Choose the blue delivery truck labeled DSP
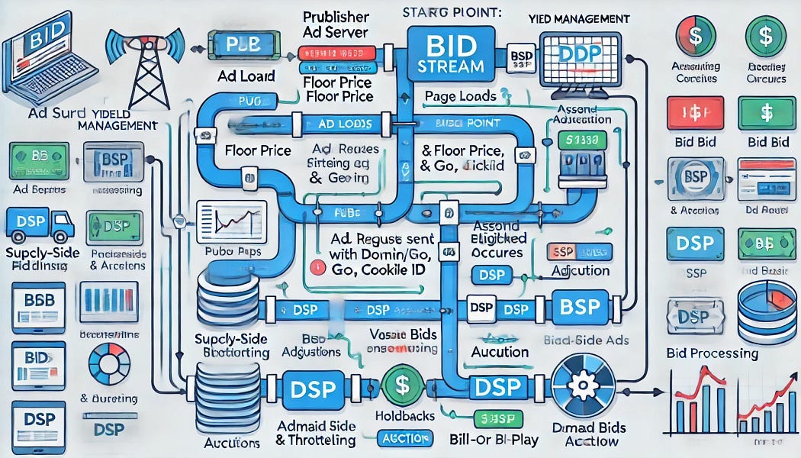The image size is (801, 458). (38, 222)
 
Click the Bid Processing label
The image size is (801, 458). (712, 353)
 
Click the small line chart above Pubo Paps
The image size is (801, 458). (231, 222)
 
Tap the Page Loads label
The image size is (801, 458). (458, 97)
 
